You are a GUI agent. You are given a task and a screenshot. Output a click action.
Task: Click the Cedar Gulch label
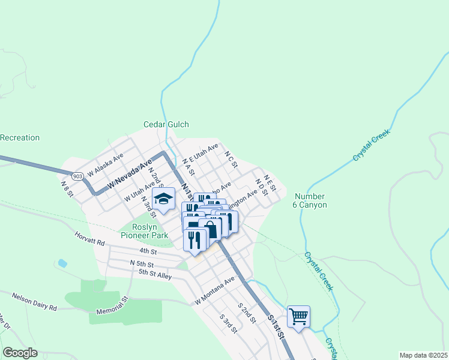pyautogui.click(x=166, y=125)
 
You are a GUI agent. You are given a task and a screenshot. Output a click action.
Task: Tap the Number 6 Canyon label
pyautogui.click(x=311, y=200)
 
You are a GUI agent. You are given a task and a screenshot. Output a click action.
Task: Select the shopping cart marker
pyautogui.click(x=298, y=316)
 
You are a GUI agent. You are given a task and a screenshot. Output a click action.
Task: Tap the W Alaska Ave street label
pyautogui.click(x=105, y=164)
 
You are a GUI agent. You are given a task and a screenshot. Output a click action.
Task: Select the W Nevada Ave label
pyautogui.click(x=130, y=175)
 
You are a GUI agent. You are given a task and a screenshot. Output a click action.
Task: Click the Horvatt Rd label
pyautogui.click(x=90, y=239)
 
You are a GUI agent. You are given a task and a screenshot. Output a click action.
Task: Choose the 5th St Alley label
pyautogui.click(x=155, y=274)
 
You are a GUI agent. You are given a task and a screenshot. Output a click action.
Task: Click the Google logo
pyautogui.click(x=20, y=353)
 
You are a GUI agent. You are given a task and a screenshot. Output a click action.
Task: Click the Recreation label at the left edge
pyautogui.click(x=20, y=137)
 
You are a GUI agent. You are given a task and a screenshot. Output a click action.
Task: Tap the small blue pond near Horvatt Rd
pyautogui.click(x=62, y=263)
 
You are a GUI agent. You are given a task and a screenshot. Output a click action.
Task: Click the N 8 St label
pyautogui.click(x=66, y=187)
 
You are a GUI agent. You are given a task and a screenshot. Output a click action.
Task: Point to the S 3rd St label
pyautogui.click(x=228, y=323)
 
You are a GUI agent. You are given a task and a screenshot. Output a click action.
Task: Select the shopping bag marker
pyautogui.click(x=211, y=229)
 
